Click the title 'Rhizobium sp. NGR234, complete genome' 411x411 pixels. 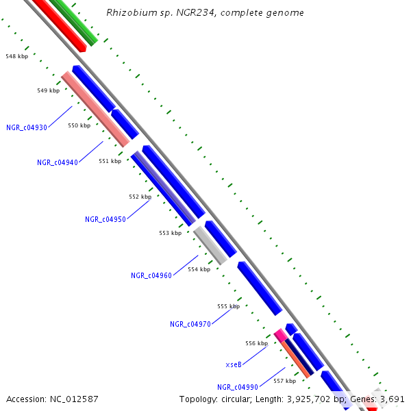[x=206, y=13]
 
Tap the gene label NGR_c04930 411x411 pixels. [x=27, y=127]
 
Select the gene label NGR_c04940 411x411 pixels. [x=58, y=162]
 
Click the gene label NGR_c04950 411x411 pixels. [x=105, y=219]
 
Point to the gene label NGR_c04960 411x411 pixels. [x=151, y=275]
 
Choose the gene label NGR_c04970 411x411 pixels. [x=190, y=324]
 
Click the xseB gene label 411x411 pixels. [x=234, y=364]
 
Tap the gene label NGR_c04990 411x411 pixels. [x=238, y=387]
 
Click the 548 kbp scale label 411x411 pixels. [x=16, y=56]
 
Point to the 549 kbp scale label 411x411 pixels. [x=48, y=90]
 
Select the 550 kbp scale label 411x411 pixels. [x=79, y=125]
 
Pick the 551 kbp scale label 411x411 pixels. [x=110, y=161]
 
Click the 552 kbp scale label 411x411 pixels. [x=140, y=197]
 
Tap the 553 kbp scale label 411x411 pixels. [x=171, y=233]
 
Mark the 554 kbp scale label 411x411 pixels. [x=199, y=269]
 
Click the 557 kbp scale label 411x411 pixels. [x=284, y=381]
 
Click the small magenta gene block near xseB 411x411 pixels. [x=279, y=334]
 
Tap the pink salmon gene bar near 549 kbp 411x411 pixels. [x=95, y=109]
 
